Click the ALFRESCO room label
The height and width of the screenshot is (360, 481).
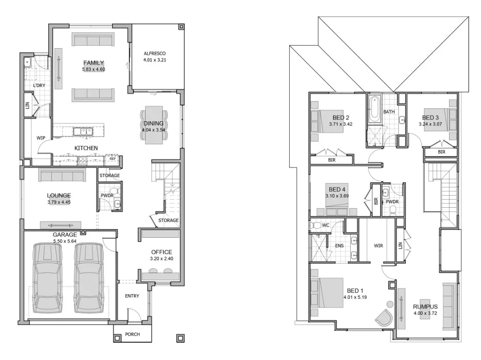tap(154, 53)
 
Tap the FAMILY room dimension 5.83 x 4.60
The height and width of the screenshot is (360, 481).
tap(93, 70)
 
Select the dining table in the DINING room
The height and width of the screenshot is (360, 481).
tap(154, 125)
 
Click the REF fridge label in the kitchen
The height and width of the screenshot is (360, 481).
tap(113, 159)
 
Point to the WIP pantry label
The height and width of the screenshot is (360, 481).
tap(41, 138)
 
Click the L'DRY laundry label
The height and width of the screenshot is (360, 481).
tap(39, 86)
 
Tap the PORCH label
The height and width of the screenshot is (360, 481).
tap(132, 334)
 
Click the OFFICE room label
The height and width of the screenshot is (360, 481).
tap(161, 252)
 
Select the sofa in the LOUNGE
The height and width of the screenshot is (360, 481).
tap(62, 176)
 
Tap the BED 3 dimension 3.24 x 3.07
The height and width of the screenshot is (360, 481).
tap(430, 124)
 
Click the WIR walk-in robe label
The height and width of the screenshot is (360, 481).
tap(379, 246)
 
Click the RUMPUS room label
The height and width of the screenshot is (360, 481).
tap(426, 307)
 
